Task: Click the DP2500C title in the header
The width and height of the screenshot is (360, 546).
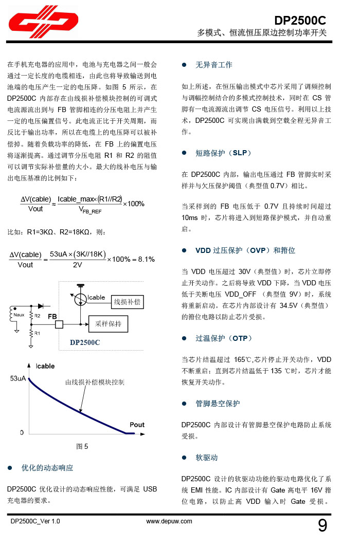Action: [x=300, y=21]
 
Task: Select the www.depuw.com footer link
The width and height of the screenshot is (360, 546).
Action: [x=169, y=521]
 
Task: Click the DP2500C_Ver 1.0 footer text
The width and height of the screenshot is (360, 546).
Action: [x=35, y=521]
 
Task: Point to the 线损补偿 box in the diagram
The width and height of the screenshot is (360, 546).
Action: [x=127, y=302]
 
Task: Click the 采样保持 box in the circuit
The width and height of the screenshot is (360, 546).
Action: [x=109, y=324]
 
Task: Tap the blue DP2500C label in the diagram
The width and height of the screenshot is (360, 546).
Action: [x=85, y=342]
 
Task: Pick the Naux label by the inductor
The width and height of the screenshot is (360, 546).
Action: [x=19, y=314]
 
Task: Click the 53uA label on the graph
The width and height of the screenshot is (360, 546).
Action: [x=18, y=379]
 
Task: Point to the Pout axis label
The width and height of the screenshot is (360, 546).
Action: [x=137, y=425]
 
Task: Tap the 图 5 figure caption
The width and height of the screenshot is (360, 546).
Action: [x=82, y=446]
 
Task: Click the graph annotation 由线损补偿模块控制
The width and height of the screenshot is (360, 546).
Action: [x=95, y=382]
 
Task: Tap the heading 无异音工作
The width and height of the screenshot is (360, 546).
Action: [x=213, y=65]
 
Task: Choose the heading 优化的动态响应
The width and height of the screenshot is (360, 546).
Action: [x=47, y=468]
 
